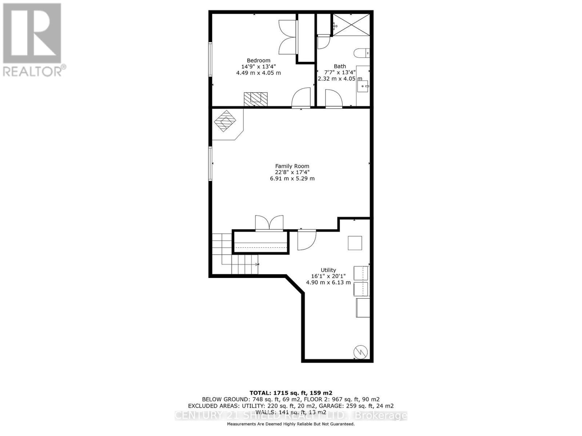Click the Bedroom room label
click(x=258, y=61)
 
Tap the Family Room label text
click(x=292, y=166)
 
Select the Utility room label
click(x=328, y=270)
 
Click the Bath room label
click(x=340, y=66)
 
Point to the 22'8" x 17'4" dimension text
click(x=292, y=172)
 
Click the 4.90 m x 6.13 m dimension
click(x=328, y=282)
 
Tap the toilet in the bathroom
click(x=362, y=53)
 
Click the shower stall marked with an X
click(x=351, y=25)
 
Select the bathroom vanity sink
click(x=363, y=86)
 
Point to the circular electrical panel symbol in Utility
click(x=361, y=351)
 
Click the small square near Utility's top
click(x=355, y=243)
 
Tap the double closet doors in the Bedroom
click(x=287, y=37)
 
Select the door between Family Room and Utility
click(x=306, y=240)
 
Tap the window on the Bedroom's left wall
click(x=210, y=59)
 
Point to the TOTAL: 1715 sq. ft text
click(x=291, y=393)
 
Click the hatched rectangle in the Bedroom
click(x=255, y=99)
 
